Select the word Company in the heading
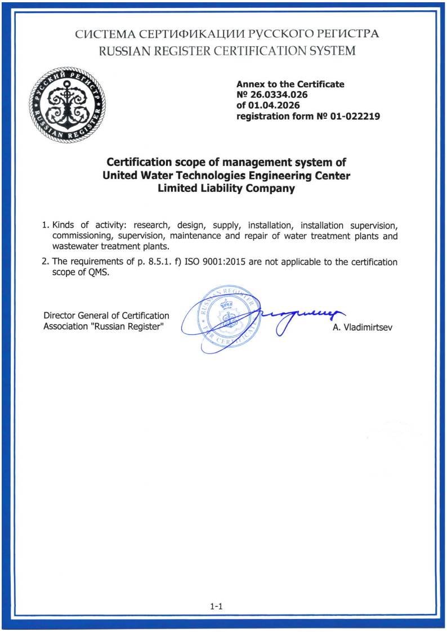click(271, 189)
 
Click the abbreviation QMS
click(97, 272)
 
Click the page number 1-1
click(217, 606)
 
